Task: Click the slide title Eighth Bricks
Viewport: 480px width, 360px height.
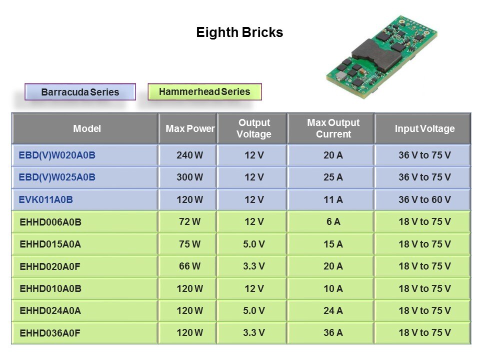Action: click(x=239, y=33)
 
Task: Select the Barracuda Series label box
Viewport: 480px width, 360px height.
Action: click(x=80, y=92)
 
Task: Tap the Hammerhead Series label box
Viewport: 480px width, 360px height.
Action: click(x=204, y=91)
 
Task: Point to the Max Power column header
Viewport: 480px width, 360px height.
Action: click(x=190, y=128)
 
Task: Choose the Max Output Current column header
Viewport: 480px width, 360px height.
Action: click(x=333, y=128)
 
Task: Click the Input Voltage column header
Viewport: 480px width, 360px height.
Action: click(x=424, y=128)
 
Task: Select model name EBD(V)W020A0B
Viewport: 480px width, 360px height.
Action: click(x=57, y=155)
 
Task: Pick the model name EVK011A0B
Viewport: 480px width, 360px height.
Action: click(x=46, y=200)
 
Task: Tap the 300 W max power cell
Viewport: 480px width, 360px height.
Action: click(x=189, y=177)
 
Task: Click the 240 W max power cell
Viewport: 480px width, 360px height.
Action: click(x=189, y=155)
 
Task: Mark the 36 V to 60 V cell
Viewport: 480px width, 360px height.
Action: click(x=424, y=200)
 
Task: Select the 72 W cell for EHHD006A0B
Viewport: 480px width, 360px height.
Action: click(x=189, y=222)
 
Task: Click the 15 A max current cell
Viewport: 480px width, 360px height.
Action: click(x=333, y=244)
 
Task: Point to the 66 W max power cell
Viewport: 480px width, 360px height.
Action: click(x=189, y=266)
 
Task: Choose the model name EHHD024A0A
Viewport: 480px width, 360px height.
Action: click(x=50, y=310)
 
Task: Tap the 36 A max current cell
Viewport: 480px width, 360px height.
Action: click(x=333, y=332)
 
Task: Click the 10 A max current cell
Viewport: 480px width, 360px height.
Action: click(x=333, y=288)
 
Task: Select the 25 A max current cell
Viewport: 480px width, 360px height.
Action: click(x=333, y=177)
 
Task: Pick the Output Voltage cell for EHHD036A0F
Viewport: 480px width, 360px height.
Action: click(x=254, y=332)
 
